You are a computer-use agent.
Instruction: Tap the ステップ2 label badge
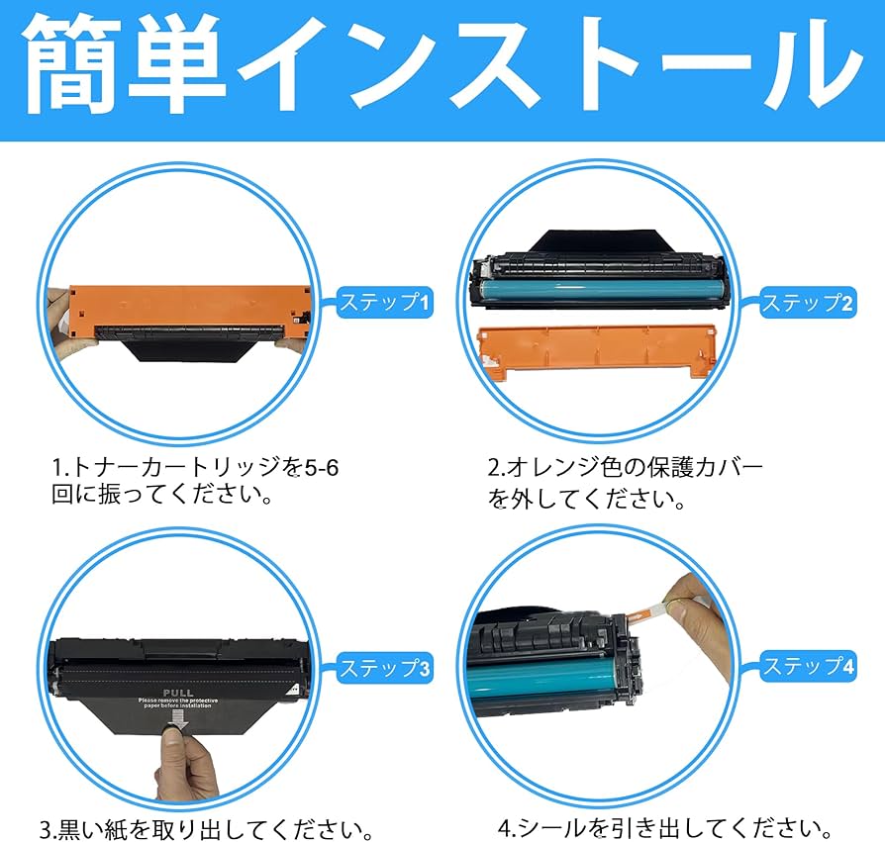click(x=807, y=303)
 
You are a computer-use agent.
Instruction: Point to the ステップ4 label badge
click(x=807, y=666)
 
